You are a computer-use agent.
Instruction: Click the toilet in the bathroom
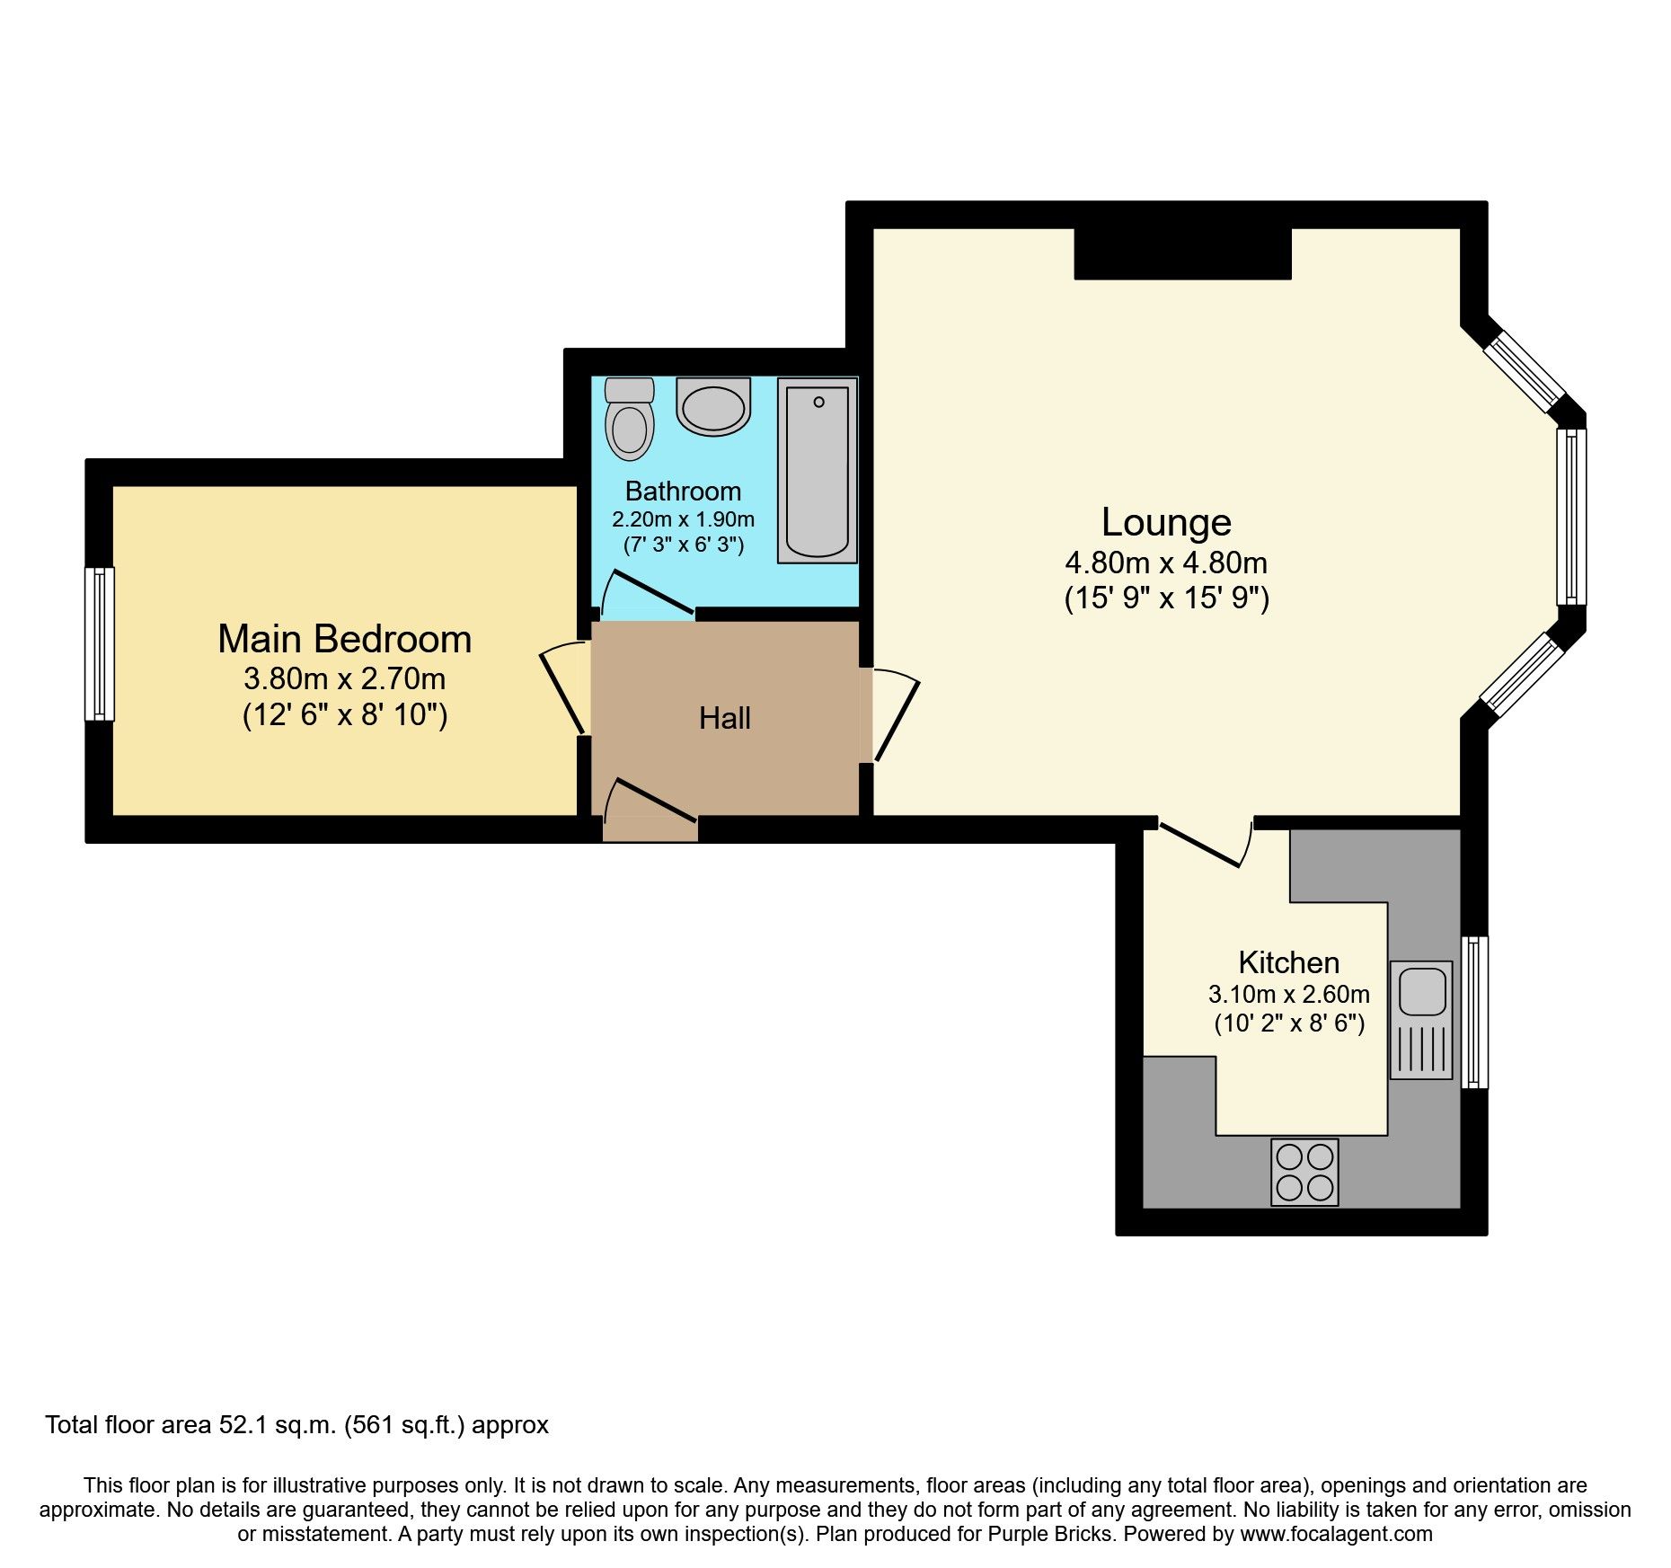pos(629,419)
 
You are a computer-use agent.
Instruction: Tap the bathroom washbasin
pos(713,407)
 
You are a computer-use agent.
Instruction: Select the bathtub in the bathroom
pos(817,471)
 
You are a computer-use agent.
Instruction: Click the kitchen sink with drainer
pos(1420,1020)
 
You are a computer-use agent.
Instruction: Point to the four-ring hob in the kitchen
pos(1304,1172)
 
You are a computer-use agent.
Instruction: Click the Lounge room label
pos(1166,522)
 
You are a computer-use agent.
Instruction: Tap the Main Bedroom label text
pos(344,639)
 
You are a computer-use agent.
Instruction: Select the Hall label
pos(724,718)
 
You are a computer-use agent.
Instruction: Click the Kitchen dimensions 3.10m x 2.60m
pos(1288,995)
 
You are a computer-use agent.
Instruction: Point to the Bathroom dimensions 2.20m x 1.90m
pos(683,519)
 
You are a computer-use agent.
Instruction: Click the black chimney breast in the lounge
pos(1182,254)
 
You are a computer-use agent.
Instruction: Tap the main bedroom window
pos(100,643)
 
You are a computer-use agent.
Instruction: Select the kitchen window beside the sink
pos(1474,1012)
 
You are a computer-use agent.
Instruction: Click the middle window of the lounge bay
pos(1570,517)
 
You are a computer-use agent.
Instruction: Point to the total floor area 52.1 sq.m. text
pos(296,1425)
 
